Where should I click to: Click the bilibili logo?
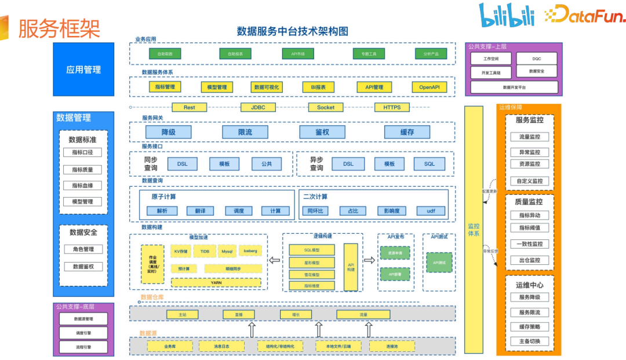(x=506, y=14)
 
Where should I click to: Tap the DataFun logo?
(x=585, y=14)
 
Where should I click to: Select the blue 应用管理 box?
(x=83, y=70)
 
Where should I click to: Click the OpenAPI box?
(x=430, y=87)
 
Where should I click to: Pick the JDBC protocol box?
(x=258, y=107)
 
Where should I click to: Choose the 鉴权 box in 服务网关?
(x=322, y=132)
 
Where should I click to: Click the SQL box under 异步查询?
(x=429, y=164)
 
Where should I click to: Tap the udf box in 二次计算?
(x=431, y=211)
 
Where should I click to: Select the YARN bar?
(x=216, y=283)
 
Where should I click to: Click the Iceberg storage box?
(x=250, y=252)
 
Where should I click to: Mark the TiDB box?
(x=205, y=252)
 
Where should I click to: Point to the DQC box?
(x=537, y=59)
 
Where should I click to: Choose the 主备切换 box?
(x=529, y=341)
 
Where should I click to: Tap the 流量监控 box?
(x=529, y=137)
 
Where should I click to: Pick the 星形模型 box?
(x=311, y=262)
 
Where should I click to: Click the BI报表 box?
(x=318, y=87)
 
